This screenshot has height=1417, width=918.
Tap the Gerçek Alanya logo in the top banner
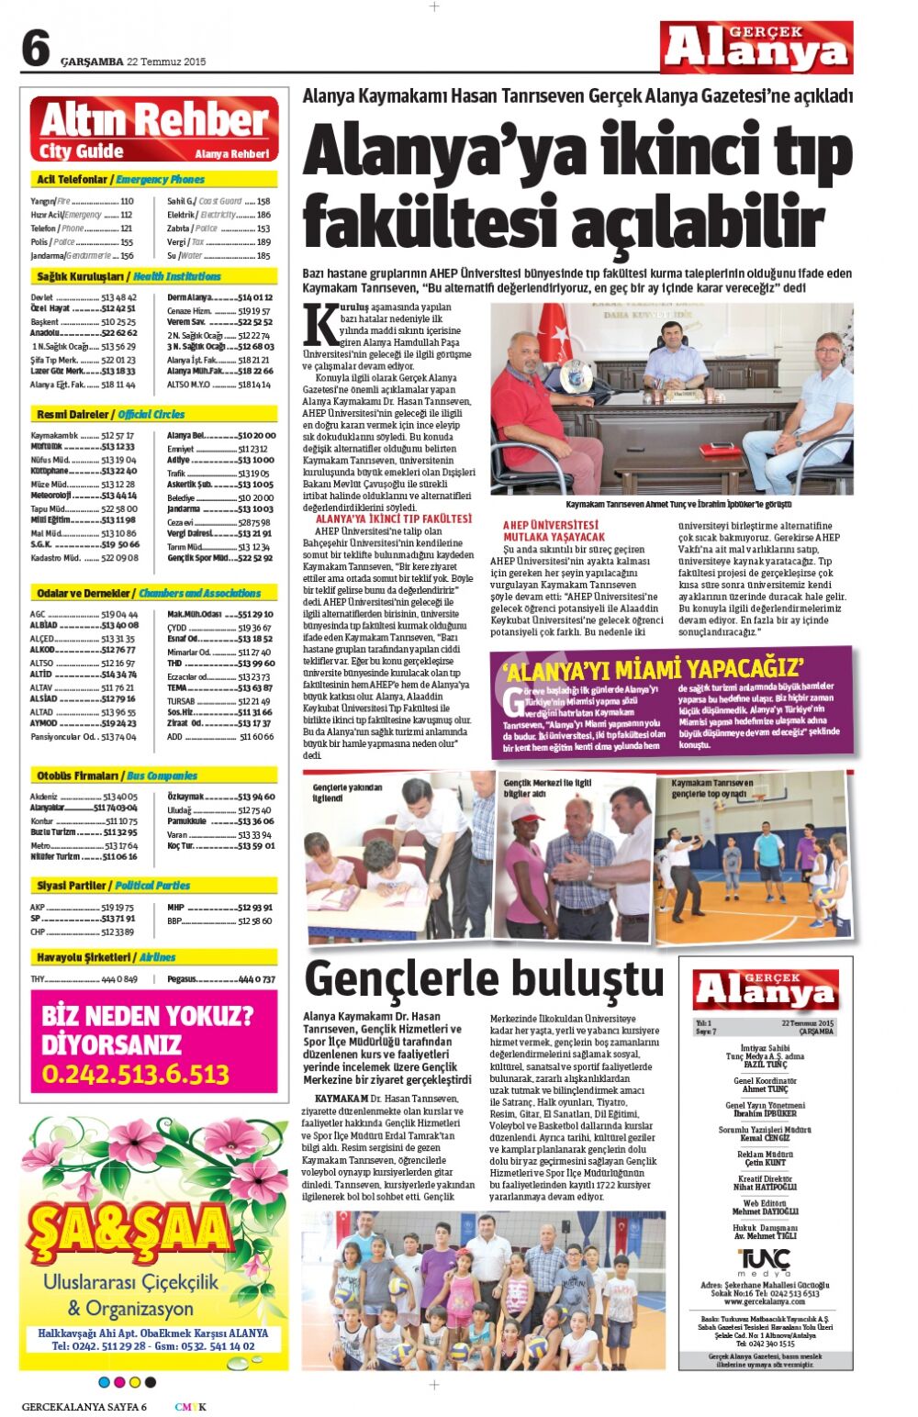756,48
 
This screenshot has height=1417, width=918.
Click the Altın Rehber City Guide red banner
154,129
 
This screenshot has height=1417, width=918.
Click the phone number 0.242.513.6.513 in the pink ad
136,1074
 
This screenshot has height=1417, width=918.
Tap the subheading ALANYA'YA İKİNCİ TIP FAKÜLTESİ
393,519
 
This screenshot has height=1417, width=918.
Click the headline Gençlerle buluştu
484,978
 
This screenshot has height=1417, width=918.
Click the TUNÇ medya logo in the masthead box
765,1260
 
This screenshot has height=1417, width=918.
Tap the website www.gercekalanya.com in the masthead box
765,1301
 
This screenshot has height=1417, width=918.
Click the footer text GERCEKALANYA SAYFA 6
84,1407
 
